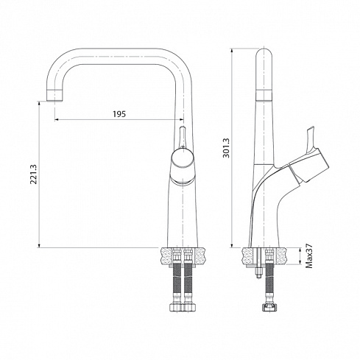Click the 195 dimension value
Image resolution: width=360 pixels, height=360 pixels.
tap(119, 113)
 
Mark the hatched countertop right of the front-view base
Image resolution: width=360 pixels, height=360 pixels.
tap(202, 254)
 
